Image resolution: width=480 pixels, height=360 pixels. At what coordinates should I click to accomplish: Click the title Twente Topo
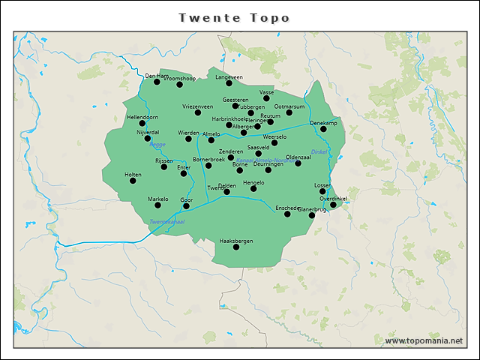pos(234,17)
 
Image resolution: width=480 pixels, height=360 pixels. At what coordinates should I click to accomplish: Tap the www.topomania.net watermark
pos(424,341)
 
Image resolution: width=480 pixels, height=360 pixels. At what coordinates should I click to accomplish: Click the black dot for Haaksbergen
pos(236,247)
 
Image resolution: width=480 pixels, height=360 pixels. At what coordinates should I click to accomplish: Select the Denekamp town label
pos(323,122)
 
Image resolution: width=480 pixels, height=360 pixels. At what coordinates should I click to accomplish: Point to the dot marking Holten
pos(133,181)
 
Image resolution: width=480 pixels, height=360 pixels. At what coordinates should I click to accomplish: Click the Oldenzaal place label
pos(298,157)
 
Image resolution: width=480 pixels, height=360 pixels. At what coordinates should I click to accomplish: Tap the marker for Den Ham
pos(157,82)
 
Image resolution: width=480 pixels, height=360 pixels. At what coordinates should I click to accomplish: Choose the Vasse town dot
pos(266,98)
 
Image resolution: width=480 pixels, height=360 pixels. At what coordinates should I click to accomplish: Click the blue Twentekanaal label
pos(166,221)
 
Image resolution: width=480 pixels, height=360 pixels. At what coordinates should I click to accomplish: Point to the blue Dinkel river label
pos(319,152)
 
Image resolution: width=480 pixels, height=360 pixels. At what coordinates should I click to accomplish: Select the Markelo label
pos(157,199)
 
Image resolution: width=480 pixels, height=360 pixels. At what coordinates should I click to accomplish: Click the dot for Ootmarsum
pos(289,112)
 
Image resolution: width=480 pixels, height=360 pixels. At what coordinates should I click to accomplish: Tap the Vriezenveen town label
pos(198,106)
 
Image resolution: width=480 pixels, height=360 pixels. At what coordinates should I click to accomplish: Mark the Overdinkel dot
pos(333,204)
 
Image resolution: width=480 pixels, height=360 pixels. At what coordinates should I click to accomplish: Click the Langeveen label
pos(229,77)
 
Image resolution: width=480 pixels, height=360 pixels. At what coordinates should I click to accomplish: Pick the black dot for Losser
pos(322,191)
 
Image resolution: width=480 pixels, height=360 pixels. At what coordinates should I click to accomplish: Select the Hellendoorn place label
pos(142,118)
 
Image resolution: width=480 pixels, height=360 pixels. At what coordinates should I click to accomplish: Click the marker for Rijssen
pos(164,166)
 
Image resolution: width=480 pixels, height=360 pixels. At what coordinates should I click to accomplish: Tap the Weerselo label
pos(274,137)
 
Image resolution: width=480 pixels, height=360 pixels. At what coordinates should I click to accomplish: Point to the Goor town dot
pos(187,206)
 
